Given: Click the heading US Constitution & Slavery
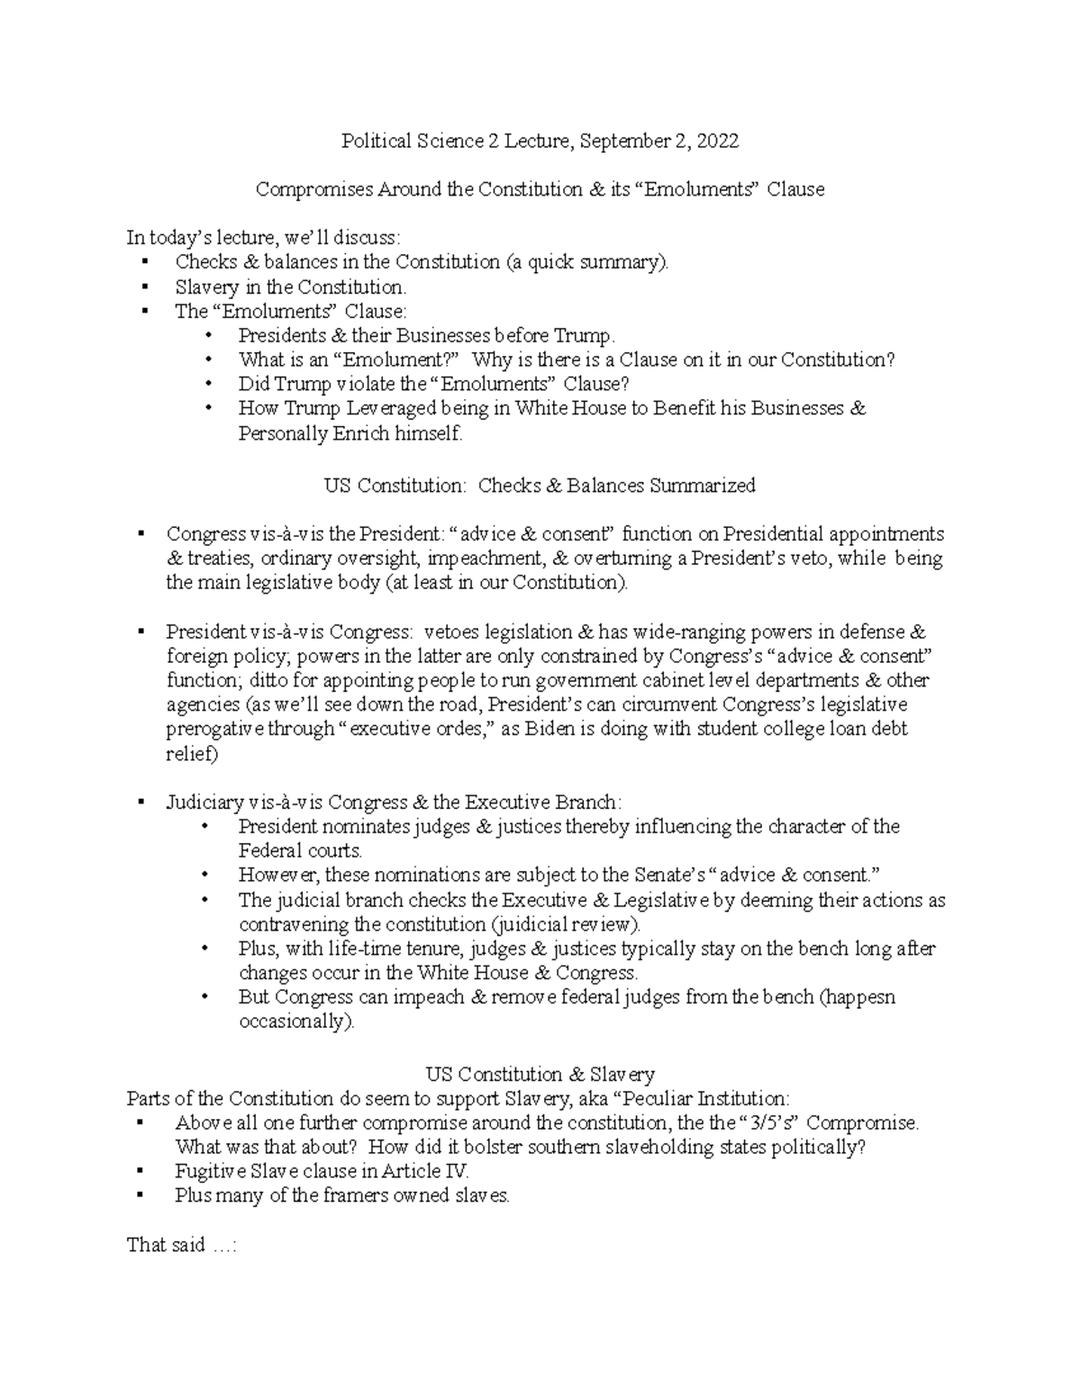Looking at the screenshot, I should [540, 1075].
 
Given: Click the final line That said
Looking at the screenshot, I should [181, 1246].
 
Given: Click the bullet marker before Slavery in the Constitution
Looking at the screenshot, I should [143, 287].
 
